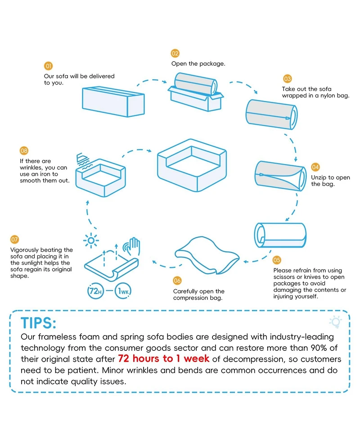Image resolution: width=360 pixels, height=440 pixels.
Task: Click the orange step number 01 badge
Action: pyautogui.click(x=48, y=66)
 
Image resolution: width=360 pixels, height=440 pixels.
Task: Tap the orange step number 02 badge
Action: pyautogui.click(x=175, y=53)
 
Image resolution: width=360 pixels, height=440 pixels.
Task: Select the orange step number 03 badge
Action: pyautogui.click(x=288, y=78)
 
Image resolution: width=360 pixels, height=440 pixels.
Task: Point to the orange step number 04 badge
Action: pyautogui.click(x=315, y=167)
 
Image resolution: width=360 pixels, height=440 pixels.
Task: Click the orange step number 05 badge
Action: pyautogui.click(x=277, y=260)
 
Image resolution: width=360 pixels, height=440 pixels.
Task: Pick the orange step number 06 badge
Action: pyautogui.click(x=177, y=280)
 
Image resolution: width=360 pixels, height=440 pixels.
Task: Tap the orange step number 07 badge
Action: pyautogui.click(x=14, y=239)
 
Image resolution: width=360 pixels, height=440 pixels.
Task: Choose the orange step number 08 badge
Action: pyautogui.click(x=24, y=151)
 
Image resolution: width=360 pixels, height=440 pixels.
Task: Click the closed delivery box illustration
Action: pyautogui.click(x=113, y=102)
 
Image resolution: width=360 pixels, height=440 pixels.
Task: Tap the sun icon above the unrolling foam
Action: pyautogui.click(x=91, y=241)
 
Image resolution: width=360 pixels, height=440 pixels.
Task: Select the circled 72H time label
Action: pyautogui.click(x=95, y=291)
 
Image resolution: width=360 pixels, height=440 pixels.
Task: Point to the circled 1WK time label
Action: pyautogui.click(x=123, y=291)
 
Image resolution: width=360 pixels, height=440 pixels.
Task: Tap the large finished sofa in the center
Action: pyautogui.click(x=192, y=165)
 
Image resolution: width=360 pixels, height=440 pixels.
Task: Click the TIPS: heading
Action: pyautogui.click(x=38, y=323)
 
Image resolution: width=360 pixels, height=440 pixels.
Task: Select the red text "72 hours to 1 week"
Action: pyautogui.click(x=163, y=358)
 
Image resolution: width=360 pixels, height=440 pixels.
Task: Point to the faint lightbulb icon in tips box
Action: pyautogui.click(x=336, y=322)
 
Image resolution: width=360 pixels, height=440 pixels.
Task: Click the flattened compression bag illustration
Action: pyautogui.click(x=207, y=255)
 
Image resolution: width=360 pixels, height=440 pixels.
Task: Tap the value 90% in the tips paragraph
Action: pyautogui.click(x=319, y=348)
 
